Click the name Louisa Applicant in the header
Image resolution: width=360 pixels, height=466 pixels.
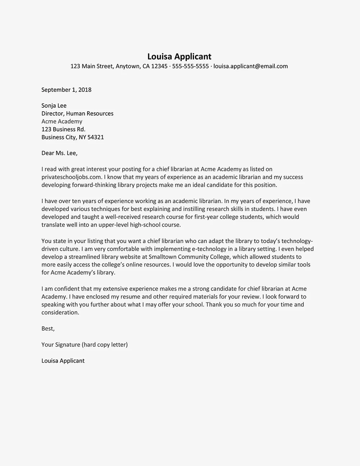point(179,57)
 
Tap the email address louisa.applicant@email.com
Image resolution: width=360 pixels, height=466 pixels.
point(251,66)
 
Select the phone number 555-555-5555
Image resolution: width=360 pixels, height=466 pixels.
point(190,66)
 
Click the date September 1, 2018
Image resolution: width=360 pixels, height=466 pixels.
point(66,90)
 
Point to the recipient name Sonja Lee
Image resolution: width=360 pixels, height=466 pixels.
point(54,106)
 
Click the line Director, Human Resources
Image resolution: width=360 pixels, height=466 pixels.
point(77,113)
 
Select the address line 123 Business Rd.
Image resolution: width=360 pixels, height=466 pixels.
point(63,129)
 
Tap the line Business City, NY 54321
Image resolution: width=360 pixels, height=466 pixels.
point(73,137)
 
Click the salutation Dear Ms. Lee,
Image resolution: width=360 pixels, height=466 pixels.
point(59,153)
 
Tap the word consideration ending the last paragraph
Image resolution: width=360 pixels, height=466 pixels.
point(60,313)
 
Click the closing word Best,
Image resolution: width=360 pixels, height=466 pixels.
point(48,328)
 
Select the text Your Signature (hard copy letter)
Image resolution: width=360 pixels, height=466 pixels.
point(85,345)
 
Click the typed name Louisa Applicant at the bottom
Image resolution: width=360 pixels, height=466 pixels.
point(63,360)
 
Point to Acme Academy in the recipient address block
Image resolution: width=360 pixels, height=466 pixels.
point(62,121)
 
